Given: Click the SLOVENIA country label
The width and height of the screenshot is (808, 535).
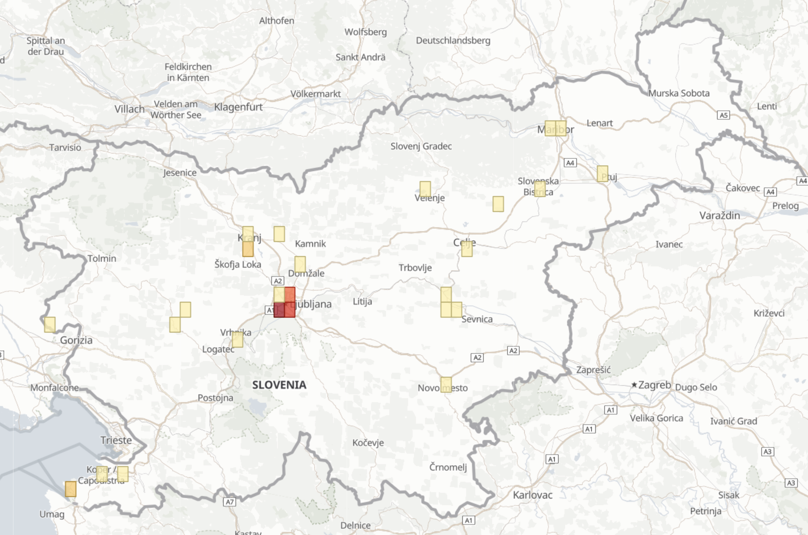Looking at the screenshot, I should click(279, 385).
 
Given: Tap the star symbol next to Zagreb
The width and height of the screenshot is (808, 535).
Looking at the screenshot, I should click(634, 385).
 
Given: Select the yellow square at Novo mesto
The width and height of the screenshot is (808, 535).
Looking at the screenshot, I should click(446, 385).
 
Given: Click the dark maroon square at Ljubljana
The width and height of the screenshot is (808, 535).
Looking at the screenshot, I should click(279, 310).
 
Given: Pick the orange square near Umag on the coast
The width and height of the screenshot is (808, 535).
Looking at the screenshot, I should click(71, 489).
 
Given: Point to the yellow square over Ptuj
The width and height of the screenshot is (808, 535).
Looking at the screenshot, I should click(602, 174).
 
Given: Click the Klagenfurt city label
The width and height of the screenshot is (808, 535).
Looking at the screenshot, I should click(238, 107).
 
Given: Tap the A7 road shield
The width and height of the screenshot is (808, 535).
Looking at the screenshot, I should click(229, 502).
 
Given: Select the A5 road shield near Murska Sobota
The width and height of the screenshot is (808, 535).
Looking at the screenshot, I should click(723, 115).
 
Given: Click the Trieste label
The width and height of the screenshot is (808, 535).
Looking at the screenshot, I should click(116, 440).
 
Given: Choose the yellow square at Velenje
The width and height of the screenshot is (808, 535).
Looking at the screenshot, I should click(425, 189).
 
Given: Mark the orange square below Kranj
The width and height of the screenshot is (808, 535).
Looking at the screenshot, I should click(248, 249).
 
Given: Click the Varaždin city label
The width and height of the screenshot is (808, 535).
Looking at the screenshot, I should click(719, 215).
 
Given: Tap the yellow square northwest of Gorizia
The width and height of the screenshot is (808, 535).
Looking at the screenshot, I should click(50, 324).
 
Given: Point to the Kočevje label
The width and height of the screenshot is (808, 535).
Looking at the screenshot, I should click(368, 443).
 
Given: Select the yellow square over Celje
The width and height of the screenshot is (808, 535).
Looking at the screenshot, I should click(467, 249).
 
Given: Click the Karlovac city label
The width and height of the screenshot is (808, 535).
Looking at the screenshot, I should click(533, 495).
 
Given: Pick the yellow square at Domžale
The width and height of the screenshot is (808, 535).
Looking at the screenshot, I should click(300, 264).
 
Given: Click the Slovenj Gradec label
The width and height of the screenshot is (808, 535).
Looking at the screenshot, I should click(421, 146).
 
